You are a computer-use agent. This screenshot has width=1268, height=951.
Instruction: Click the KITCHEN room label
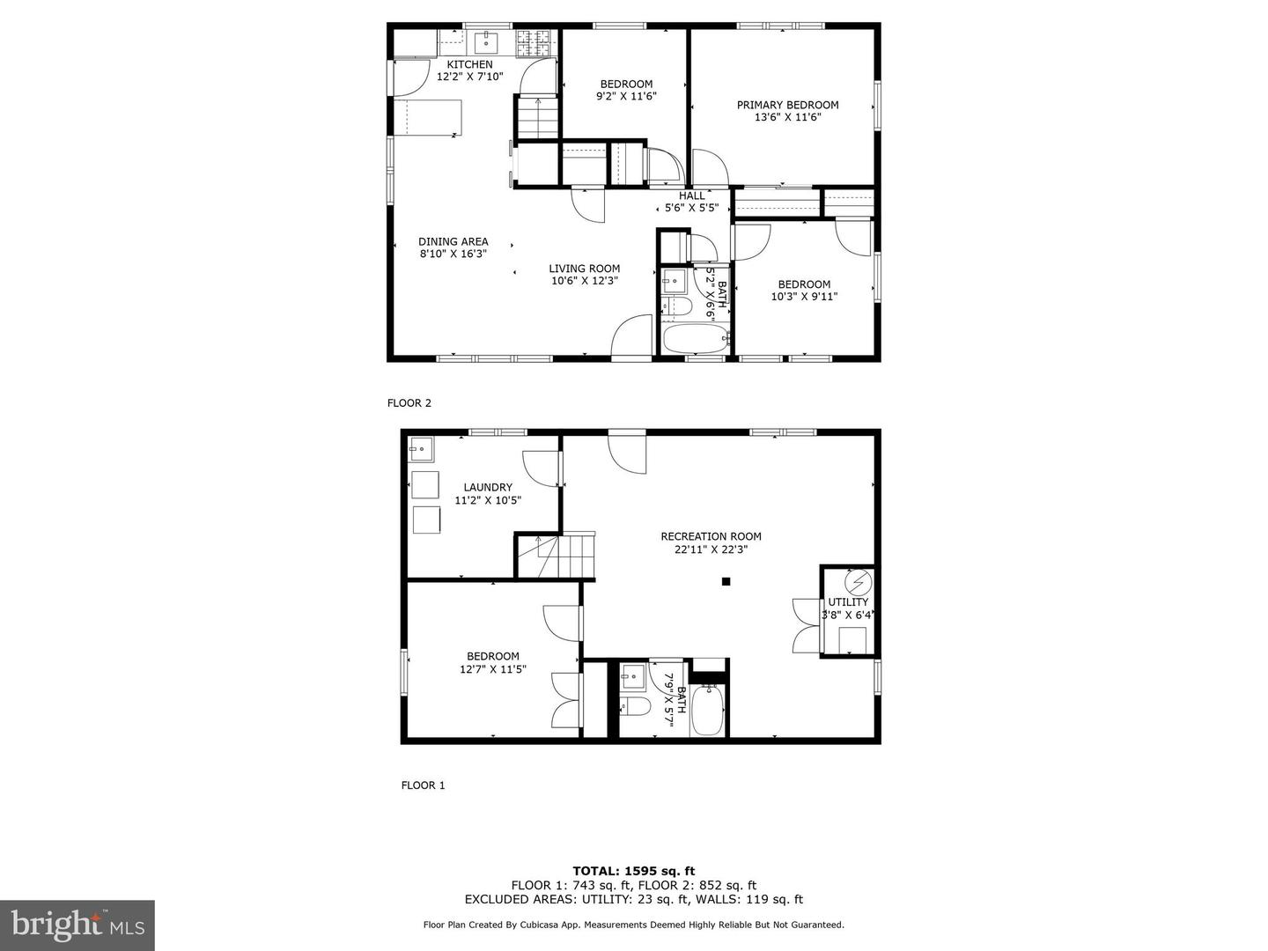pyautogui.click(x=469, y=64)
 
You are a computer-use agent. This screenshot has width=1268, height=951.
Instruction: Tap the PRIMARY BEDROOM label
pyautogui.click(x=787, y=105)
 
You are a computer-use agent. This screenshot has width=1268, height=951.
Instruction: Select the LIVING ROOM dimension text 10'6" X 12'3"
pyautogui.click(x=585, y=281)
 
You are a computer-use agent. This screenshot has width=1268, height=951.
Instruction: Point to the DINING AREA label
pyautogui.click(x=453, y=241)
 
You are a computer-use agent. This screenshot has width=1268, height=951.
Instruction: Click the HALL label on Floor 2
pyautogui.click(x=691, y=195)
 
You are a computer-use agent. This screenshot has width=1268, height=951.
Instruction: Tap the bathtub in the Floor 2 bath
pyautogui.click(x=696, y=339)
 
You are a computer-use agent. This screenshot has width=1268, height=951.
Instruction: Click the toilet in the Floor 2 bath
pyautogui.click(x=676, y=306)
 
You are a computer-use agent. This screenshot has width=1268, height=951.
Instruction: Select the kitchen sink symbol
pyautogui.click(x=486, y=42)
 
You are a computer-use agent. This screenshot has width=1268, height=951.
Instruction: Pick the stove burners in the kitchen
pyautogui.click(x=534, y=43)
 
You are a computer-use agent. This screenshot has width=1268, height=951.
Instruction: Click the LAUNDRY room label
pyautogui.click(x=488, y=487)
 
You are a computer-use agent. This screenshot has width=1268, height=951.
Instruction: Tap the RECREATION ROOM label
pyautogui.click(x=711, y=536)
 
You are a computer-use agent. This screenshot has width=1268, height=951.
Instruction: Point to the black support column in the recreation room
pyautogui.click(x=726, y=581)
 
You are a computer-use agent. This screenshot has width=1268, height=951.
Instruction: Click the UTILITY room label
pyautogui.click(x=848, y=601)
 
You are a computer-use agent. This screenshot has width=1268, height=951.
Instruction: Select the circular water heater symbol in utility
pyautogui.click(x=858, y=582)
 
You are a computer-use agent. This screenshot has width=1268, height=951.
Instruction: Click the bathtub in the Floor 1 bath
pyautogui.click(x=707, y=710)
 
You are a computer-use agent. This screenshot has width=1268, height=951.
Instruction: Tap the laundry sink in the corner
pyautogui.click(x=421, y=449)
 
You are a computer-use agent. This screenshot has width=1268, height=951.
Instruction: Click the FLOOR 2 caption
pyautogui.click(x=409, y=403)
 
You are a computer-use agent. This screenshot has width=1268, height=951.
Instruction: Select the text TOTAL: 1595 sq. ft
pyautogui.click(x=634, y=871)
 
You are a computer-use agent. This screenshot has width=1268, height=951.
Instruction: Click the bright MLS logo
pyautogui.click(x=77, y=925)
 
